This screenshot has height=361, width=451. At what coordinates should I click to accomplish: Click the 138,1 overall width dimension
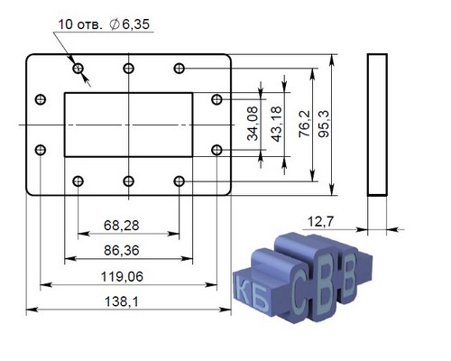click(122, 301)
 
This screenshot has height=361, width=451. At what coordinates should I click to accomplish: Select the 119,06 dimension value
click(122, 277)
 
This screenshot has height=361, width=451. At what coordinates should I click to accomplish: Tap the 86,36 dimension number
click(122, 251)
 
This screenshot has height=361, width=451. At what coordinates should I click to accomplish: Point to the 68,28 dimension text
click(122, 226)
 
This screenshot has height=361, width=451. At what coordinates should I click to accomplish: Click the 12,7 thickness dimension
click(320, 222)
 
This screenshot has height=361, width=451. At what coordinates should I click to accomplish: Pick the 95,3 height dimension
click(324, 124)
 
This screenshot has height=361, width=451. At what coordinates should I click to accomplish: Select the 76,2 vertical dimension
click(305, 124)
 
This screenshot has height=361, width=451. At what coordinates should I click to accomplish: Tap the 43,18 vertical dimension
click(277, 124)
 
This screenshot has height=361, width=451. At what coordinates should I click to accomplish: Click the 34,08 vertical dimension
click(253, 124)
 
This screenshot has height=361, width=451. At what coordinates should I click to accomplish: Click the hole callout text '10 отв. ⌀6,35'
click(104, 24)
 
